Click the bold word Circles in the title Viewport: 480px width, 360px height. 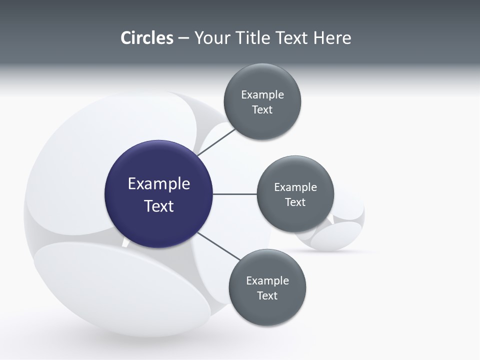(x=146, y=38)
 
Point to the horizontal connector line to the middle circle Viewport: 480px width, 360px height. (x=234, y=194)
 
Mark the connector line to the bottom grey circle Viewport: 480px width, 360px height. (x=218, y=246)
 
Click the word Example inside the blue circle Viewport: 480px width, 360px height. (x=159, y=184)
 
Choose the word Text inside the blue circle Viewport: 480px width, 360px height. (x=159, y=206)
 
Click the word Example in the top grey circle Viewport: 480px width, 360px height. (x=262, y=95)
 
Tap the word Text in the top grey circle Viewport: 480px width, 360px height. (x=262, y=110)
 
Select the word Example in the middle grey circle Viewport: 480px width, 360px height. (x=295, y=187)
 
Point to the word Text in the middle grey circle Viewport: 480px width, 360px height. (x=295, y=202)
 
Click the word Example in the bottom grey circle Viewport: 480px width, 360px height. (x=267, y=281)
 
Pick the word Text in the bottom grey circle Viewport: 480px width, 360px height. (x=267, y=296)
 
